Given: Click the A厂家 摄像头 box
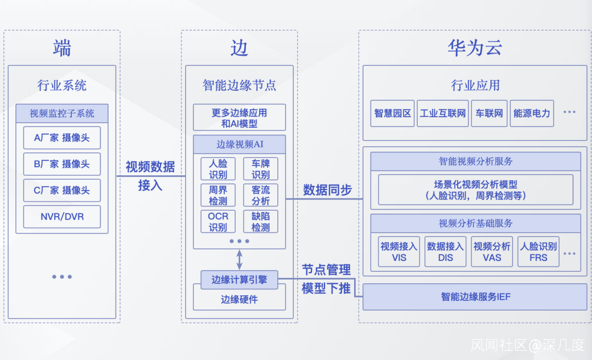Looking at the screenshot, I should [62, 138].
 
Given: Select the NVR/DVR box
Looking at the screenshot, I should [62, 216].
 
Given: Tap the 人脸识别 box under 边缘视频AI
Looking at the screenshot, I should [218, 169].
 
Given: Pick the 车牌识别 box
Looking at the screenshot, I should [261, 169].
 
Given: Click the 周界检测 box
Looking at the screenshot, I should [218, 195].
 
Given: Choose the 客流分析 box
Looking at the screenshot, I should [261, 195].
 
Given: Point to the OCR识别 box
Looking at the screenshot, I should [218, 221].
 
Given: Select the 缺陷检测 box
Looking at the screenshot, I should [261, 221].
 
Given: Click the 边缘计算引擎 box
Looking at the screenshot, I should [240, 279].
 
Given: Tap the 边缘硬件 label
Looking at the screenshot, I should [240, 299].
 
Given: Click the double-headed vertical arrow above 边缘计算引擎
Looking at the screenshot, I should [240, 259].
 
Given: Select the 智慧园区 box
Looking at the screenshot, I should [392, 113].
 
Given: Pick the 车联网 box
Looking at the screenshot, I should [489, 113].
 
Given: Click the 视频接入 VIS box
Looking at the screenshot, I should [399, 252].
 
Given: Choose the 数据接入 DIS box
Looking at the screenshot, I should [446, 252].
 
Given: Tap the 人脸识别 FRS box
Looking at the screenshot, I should [538, 252].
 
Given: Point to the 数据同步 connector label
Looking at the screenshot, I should [327, 190].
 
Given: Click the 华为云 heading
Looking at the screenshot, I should [475, 49].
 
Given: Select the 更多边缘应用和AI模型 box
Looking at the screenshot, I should [240, 118].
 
